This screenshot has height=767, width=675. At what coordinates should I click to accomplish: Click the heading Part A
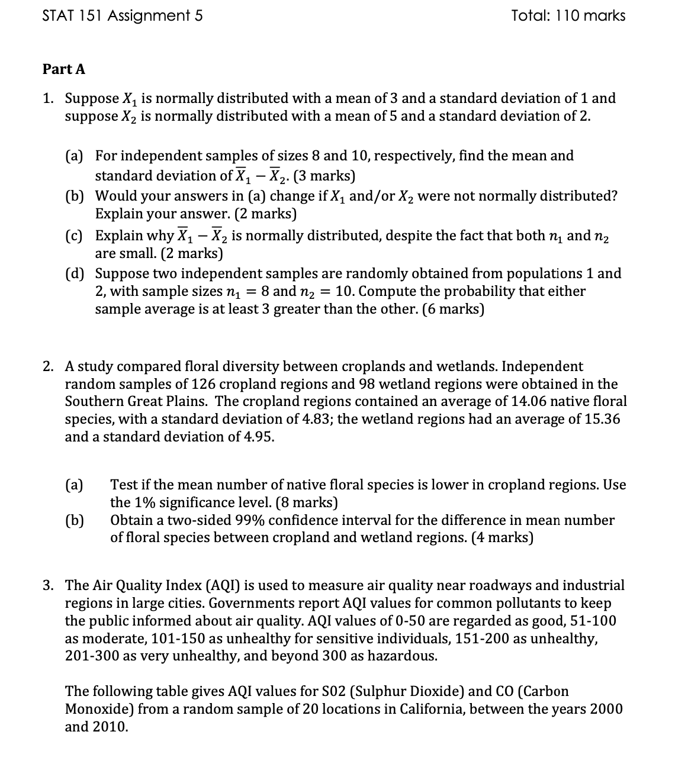click(x=64, y=69)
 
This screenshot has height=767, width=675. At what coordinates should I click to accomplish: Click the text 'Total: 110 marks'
click(x=568, y=16)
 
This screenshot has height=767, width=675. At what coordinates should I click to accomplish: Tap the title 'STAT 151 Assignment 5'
click(x=123, y=16)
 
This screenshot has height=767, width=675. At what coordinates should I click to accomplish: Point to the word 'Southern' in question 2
click(x=95, y=401)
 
